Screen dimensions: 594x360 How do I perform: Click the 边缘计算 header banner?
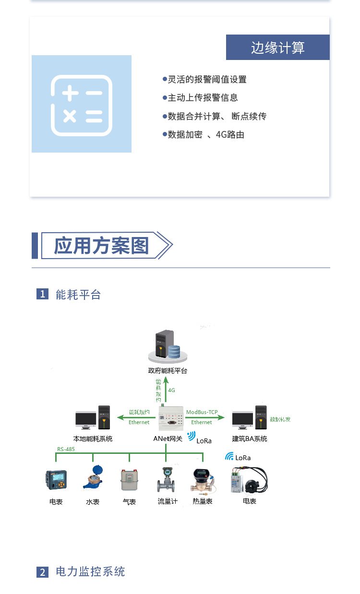point(277,48)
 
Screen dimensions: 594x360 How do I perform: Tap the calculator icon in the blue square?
point(82,104)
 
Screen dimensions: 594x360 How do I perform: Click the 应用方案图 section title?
point(101,246)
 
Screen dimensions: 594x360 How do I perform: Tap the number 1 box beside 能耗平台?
point(43,294)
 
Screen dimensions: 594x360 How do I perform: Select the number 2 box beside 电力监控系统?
point(43,572)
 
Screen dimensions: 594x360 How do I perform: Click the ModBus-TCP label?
point(202,412)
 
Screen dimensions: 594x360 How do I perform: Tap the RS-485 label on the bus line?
point(66,449)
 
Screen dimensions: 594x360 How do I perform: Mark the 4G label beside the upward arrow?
point(171,390)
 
